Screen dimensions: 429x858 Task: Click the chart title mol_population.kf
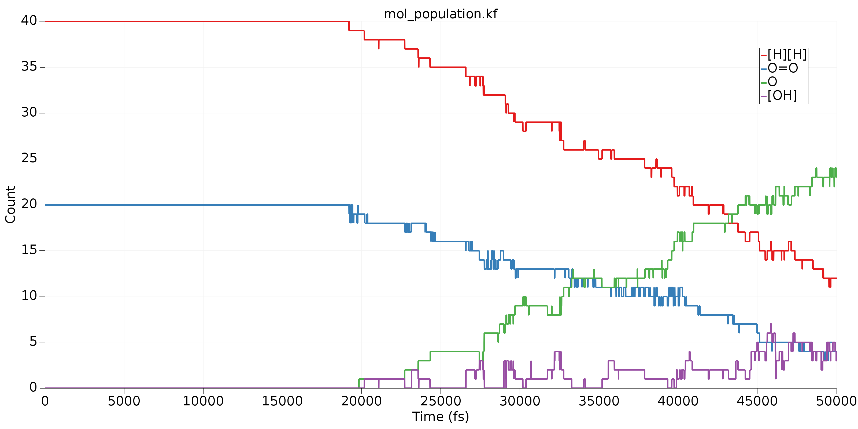point(440,14)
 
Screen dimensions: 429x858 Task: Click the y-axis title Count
point(10,205)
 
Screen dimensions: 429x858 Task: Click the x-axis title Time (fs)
point(440,416)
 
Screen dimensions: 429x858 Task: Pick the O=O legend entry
point(783,68)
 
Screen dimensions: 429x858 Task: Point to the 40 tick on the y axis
point(29,21)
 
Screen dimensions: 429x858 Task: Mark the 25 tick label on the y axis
point(29,158)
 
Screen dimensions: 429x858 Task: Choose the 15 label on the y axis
point(29,250)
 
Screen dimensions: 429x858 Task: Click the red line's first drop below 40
point(349,26)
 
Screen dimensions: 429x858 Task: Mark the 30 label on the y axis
point(29,113)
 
